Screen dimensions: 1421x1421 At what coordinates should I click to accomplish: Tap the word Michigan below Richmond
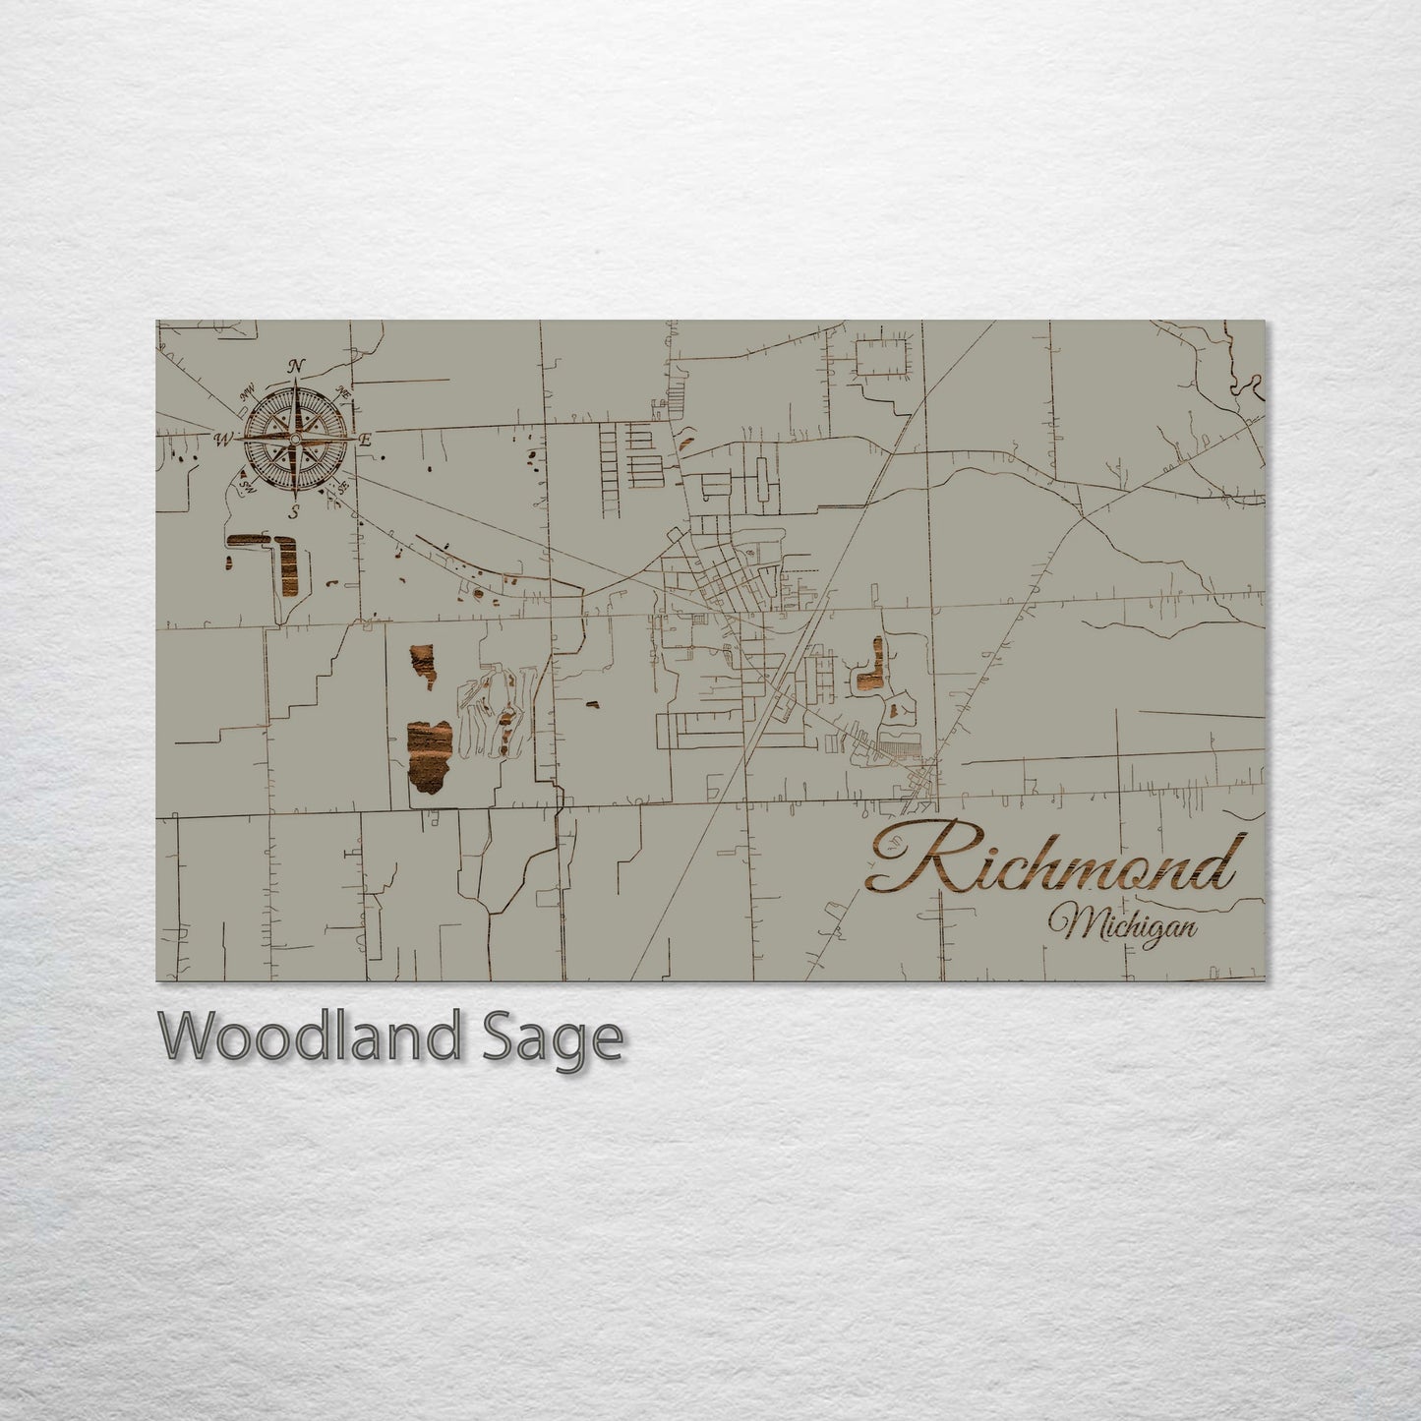[x=1122, y=925]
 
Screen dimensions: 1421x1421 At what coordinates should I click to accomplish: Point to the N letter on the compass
[x=296, y=367]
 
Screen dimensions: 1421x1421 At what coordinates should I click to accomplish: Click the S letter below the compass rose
[x=294, y=511]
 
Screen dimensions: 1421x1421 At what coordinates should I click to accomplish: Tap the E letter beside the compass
[x=365, y=440]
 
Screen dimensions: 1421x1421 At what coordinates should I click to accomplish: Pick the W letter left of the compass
[x=224, y=438]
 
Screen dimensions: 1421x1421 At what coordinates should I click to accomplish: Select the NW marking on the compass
[x=247, y=394]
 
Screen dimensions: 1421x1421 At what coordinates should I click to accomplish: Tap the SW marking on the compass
[x=245, y=483]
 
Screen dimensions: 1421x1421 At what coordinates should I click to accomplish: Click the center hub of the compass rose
[x=295, y=439]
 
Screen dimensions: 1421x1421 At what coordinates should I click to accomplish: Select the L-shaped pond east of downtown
[x=871, y=669]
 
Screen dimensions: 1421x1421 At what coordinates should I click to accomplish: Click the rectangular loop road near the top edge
[x=882, y=355]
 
